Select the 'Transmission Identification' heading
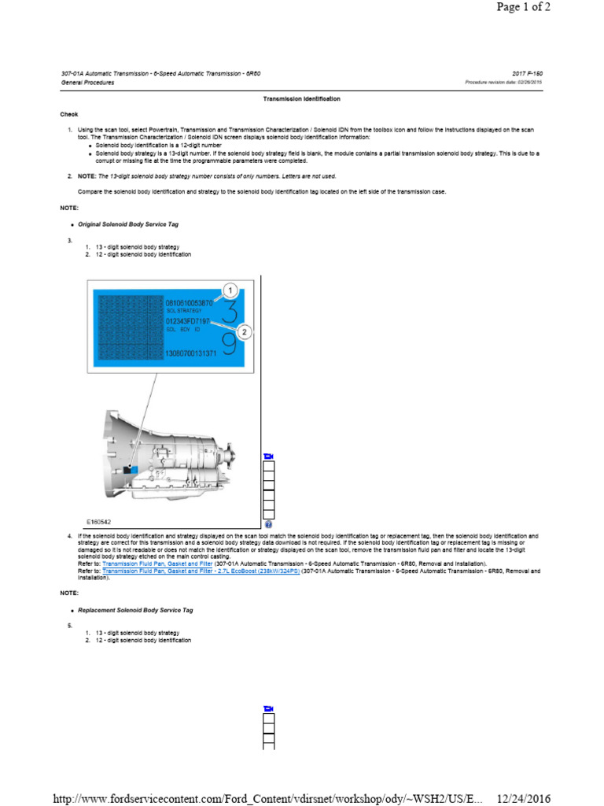[301, 99]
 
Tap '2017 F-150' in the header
[526, 74]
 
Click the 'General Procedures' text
[87, 83]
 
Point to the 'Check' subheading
[69, 114]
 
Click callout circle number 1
[230, 291]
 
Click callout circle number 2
[245, 333]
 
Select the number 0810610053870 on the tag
[188, 303]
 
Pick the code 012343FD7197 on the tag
[187, 322]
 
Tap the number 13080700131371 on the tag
[190, 354]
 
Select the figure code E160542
[99, 521]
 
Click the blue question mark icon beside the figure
[269, 524]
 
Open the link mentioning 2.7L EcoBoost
[201, 571]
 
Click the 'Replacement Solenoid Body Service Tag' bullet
[135, 610]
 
